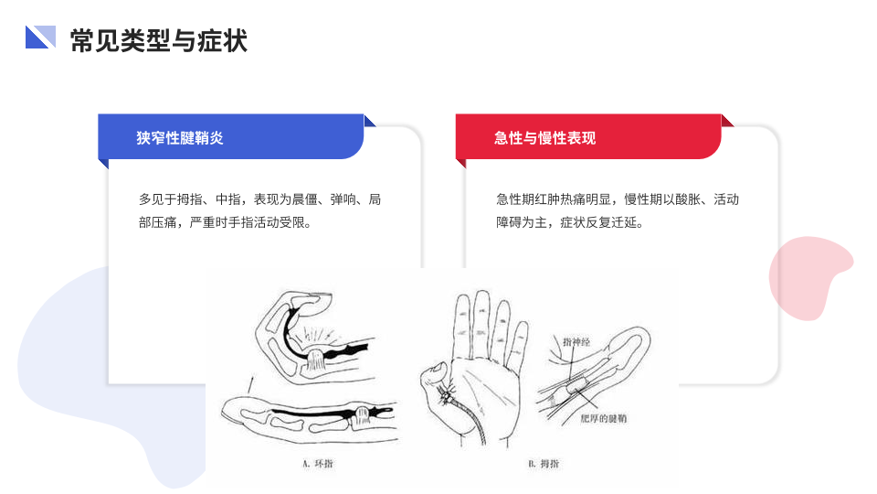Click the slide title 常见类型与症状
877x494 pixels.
coord(159,40)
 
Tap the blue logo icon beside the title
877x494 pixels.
coord(40,37)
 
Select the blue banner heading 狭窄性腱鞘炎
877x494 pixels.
coord(180,138)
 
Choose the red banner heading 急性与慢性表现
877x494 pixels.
coord(544,138)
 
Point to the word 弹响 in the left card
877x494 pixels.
coord(343,199)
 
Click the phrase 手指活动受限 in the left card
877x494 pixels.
coord(267,223)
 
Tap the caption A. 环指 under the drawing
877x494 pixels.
coord(318,463)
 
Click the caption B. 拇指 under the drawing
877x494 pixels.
coord(544,463)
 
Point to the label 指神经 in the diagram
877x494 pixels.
coord(576,341)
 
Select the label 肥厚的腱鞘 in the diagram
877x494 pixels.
coord(604,418)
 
